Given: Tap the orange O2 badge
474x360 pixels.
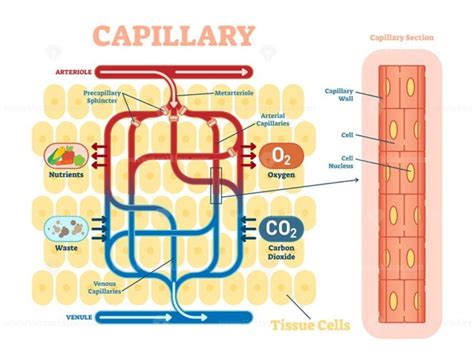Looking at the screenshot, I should tap(276, 156).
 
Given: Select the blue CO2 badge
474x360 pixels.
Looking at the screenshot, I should tap(276, 231).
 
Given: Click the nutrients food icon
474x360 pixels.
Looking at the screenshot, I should tap(62, 156).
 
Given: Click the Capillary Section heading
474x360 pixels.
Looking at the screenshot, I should tap(401, 38).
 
